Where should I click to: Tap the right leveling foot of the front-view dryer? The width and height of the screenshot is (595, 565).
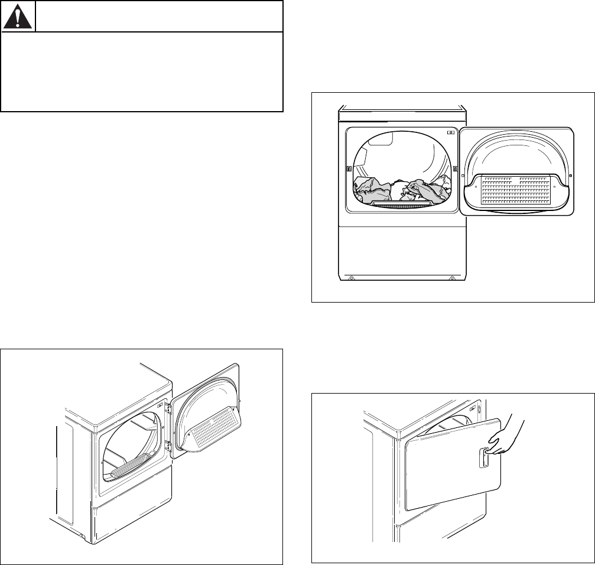(x=452, y=277)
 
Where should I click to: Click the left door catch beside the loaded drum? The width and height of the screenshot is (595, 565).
(x=349, y=170)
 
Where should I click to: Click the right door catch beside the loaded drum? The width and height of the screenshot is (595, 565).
(x=454, y=170)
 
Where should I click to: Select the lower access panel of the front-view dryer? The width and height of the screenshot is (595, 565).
(x=402, y=248)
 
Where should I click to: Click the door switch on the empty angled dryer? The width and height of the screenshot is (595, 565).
(x=161, y=390)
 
